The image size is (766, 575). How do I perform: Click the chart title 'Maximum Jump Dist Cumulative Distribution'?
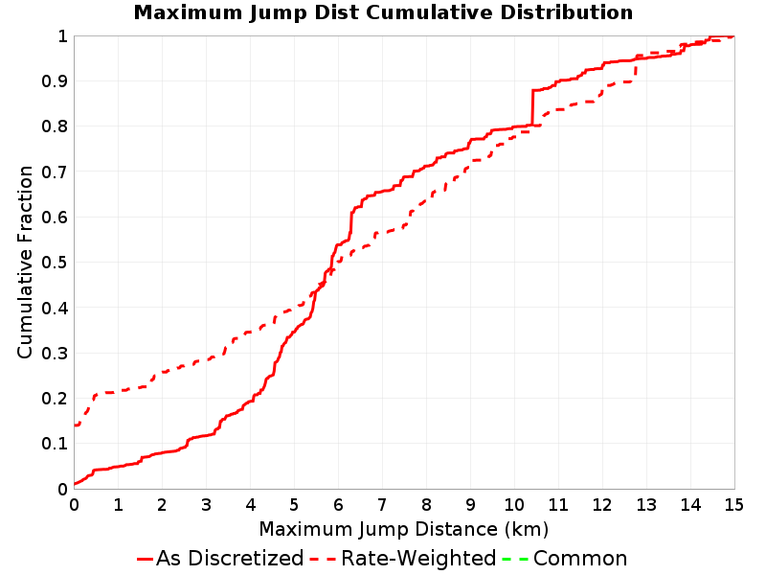point(383,12)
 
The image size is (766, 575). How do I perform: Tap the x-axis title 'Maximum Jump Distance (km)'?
point(403,529)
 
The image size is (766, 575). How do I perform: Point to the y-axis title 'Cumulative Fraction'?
point(25,262)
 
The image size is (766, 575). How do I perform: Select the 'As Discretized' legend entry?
point(220,559)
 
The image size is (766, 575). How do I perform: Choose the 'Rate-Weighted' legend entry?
point(403,559)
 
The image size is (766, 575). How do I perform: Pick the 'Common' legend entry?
point(565,559)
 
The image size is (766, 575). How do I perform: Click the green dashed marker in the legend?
point(515,559)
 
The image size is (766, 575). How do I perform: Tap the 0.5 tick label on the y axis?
point(55,263)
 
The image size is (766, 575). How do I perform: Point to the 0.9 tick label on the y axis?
point(55,81)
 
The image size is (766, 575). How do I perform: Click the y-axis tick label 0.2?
point(55,399)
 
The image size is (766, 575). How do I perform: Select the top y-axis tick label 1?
point(62,36)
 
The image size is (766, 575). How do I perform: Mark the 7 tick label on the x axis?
point(382,505)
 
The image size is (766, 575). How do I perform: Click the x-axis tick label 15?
point(733,505)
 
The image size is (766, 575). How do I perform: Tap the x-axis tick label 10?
point(514,505)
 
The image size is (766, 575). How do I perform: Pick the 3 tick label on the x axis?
point(206,505)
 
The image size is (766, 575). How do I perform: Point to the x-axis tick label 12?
point(602,505)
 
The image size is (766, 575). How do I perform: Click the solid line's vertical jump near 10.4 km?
point(532,107)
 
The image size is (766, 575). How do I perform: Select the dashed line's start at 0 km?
point(75,425)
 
